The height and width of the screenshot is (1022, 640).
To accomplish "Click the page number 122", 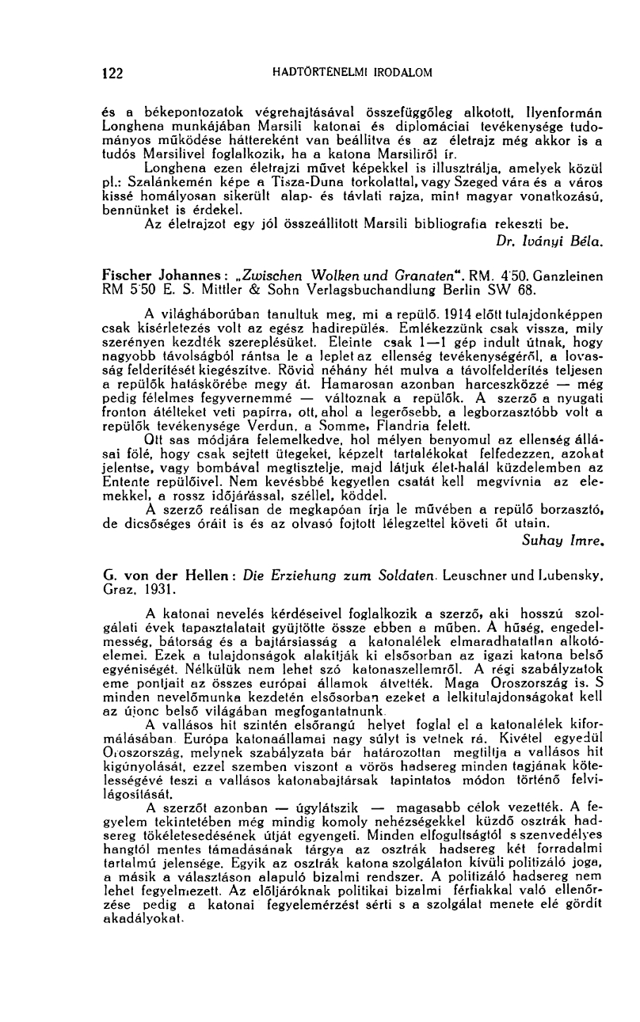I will (x=113, y=74).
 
